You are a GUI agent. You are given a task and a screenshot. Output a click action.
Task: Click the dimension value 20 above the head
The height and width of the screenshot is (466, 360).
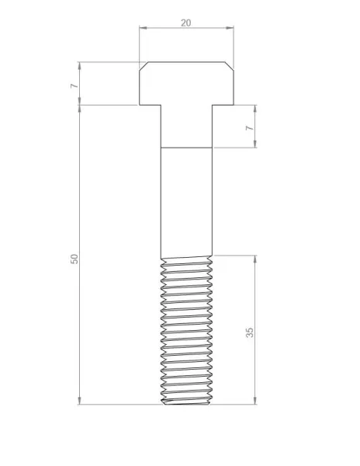185,23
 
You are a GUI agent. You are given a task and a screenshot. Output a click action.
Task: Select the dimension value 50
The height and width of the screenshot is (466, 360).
74,259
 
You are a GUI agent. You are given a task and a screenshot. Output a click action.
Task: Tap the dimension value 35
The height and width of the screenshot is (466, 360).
250,332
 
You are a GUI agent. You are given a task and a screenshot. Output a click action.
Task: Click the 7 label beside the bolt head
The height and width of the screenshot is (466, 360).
74,85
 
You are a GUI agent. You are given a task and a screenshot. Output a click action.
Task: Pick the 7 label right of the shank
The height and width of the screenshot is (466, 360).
250,128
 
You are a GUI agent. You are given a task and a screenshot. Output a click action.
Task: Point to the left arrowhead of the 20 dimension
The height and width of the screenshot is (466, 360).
144,28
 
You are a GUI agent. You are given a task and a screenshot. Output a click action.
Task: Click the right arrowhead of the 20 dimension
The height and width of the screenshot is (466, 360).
230,28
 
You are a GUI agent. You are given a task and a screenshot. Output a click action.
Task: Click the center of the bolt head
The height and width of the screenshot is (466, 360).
186,84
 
